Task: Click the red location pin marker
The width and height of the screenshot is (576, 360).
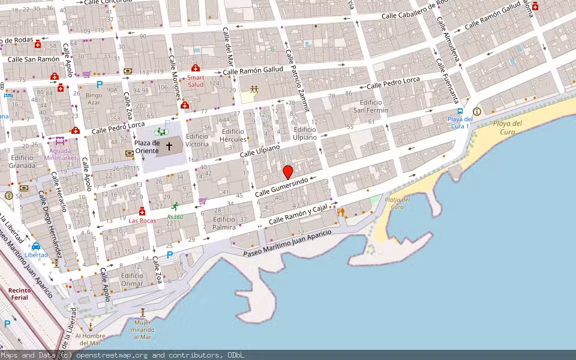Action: click(288, 172)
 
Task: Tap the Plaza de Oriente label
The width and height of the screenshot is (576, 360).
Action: click(147, 146)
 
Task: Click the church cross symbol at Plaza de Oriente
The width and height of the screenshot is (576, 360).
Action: click(169, 146)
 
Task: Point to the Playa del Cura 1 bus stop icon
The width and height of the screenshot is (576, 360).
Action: click(460, 110)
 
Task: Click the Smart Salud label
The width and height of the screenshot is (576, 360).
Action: click(196, 81)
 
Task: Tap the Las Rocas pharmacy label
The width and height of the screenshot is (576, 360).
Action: click(142, 220)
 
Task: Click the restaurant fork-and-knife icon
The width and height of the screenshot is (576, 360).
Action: click(341, 211)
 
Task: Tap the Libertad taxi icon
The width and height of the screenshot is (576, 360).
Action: click(36, 246)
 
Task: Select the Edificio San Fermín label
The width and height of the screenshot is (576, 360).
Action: click(370, 106)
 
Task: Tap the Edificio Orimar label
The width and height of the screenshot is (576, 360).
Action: click(132, 279)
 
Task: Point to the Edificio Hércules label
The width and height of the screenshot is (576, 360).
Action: click(233, 135)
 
